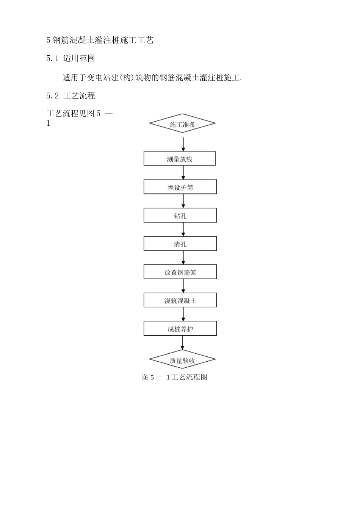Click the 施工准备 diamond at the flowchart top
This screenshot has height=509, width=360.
click(182, 123)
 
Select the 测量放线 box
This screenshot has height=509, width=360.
click(180, 159)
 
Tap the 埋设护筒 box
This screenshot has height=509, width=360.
click(180, 187)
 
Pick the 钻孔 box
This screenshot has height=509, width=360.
click(180, 215)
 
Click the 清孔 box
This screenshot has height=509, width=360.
click(180, 244)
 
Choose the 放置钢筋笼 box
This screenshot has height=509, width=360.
click(180, 272)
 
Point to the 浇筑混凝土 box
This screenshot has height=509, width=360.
click(180, 300)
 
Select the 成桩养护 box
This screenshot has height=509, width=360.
click(180, 329)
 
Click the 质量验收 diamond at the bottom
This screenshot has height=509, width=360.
click(182, 360)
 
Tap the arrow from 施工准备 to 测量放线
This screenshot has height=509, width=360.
click(183, 144)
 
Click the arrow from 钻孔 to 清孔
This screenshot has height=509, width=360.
click(183, 230)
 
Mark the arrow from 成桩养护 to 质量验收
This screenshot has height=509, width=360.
click(183, 342)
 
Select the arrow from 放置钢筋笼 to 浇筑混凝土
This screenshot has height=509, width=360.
click(183, 286)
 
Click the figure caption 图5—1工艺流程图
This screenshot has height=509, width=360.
click(175, 377)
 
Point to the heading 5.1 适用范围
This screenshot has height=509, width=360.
click(70, 58)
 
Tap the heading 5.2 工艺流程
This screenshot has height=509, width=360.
click(70, 96)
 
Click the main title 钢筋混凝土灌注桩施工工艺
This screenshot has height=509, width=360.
click(102, 40)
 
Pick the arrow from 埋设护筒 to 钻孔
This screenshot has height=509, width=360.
click(183, 201)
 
